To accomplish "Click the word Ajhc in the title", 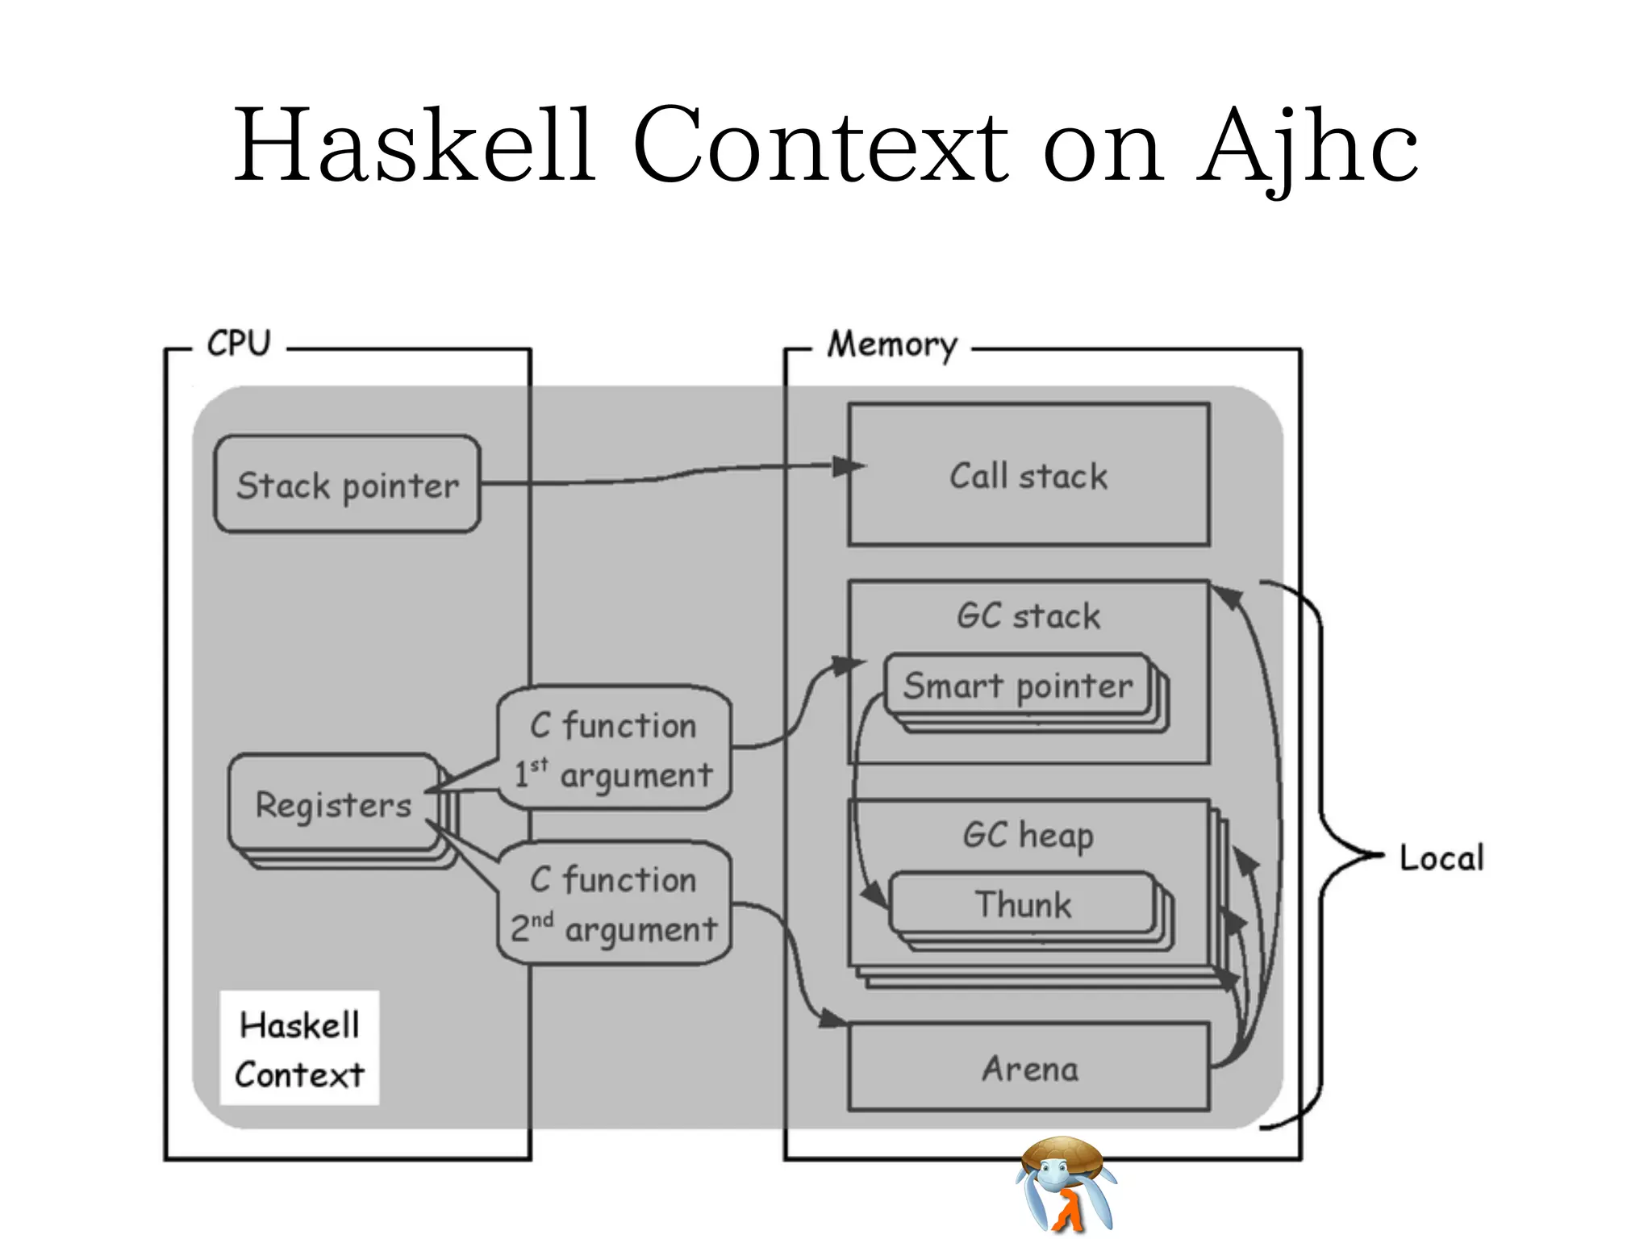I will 1307,145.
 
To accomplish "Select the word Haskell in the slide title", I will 415,145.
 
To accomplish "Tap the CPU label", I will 239,344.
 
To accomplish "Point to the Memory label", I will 892,345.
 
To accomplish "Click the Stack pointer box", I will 347,485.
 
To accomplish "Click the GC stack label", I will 1028,616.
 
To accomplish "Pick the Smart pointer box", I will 1018,686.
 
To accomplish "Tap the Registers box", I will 333,804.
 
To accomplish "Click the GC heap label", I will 1028,835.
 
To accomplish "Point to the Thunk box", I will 1023,904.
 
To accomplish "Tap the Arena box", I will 1029,1069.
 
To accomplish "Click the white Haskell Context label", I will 299,1049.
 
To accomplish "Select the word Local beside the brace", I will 1441,857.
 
